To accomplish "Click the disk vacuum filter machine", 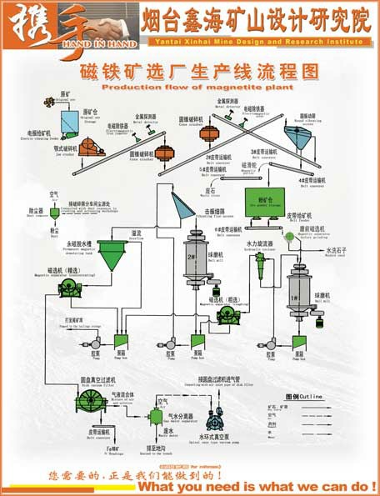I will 91,402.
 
